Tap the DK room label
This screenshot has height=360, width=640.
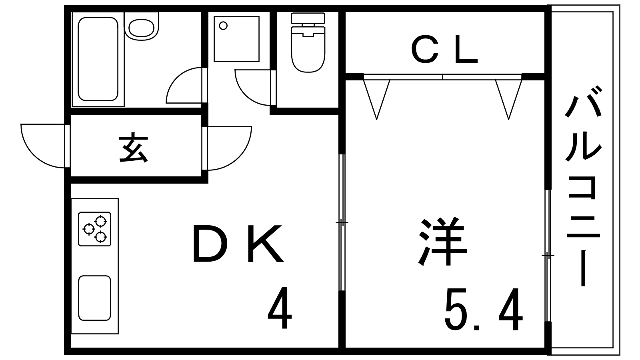pyautogui.click(x=238, y=244)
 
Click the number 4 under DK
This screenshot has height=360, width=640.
pyautogui.click(x=280, y=308)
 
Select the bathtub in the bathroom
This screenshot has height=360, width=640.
pyautogui.click(x=98, y=59)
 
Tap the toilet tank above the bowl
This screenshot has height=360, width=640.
pyautogui.click(x=308, y=18)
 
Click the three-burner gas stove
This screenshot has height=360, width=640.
pyautogui.click(x=95, y=229)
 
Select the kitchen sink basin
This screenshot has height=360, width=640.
pyautogui.click(x=94, y=298)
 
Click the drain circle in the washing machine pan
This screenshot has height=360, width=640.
pyautogui.click(x=224, y=26)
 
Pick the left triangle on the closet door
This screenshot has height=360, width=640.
pyautogui.click(x=376, y=96)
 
